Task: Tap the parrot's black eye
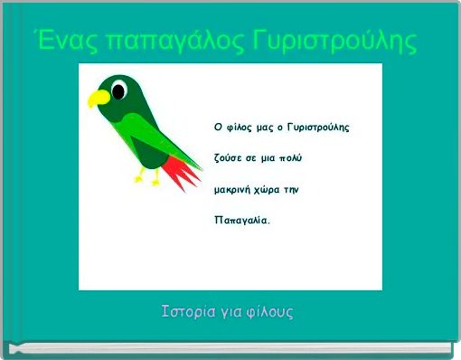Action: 116,88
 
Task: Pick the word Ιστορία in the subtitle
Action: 190,313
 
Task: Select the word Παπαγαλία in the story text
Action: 241,220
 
